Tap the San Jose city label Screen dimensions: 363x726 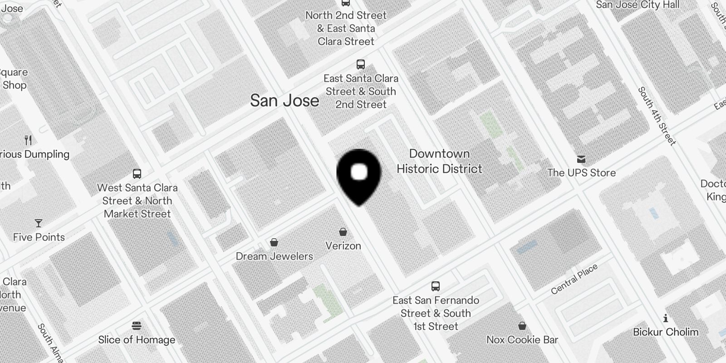click(x=285, y=100)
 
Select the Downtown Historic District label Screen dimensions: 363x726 click(x=439, y=161)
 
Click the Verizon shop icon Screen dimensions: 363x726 click(x=343, y=232)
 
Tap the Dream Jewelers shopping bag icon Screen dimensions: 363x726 click(x=274, y=242)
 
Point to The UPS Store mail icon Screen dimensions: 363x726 click(x=581, y=159)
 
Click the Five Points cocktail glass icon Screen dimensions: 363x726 click(x=39, y=223)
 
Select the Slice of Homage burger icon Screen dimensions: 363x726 click(x=137, y=326)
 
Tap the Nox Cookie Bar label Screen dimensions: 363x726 click(x=522, y=339)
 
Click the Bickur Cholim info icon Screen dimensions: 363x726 click(x=666, y=318)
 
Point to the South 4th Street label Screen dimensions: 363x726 click(x=657, y=116)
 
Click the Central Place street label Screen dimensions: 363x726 click(x=574, y=280)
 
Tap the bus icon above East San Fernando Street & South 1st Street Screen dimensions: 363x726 click(x=436, y=286)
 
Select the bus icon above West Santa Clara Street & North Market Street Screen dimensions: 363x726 click(x=137, y=174)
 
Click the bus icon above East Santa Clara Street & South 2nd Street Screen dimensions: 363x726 click(x=361, y=64)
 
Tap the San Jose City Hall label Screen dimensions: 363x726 click(x=638, y=5)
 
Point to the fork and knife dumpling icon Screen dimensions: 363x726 click(x=29, y=140)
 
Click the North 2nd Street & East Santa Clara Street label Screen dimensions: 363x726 click(x=346, y=28)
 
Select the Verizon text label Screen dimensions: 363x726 click(x=343, y=246)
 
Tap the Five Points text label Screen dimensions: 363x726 click(x=39, y=237)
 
